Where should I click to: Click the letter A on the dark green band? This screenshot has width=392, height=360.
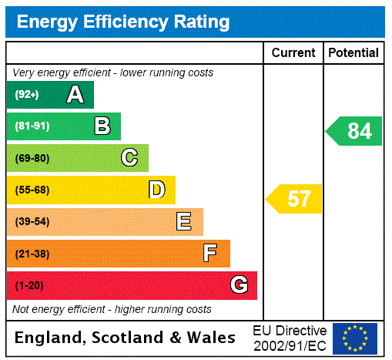75,95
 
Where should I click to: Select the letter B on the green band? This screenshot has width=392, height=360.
102,126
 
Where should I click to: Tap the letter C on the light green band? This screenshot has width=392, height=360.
129,158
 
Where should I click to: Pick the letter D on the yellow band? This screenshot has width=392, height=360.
156,190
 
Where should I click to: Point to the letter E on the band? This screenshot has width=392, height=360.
183,222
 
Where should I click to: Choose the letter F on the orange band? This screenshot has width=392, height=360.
209,254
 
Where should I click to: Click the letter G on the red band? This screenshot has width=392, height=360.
240,285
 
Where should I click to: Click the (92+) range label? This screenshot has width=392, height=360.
27,95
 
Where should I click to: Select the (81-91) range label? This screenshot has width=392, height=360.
32,126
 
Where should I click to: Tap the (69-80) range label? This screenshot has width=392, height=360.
32,158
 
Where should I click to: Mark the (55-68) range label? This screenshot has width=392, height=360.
32,190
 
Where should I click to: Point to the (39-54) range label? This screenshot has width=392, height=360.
32,222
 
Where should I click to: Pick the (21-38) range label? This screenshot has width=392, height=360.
32,254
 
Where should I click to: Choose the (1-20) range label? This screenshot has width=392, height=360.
29,286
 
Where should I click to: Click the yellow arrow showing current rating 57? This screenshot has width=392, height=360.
294,199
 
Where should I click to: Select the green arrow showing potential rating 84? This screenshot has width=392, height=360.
354,131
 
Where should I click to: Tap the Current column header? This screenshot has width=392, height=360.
293,53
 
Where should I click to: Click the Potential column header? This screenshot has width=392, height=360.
353,53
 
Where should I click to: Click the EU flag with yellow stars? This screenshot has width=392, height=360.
355,338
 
